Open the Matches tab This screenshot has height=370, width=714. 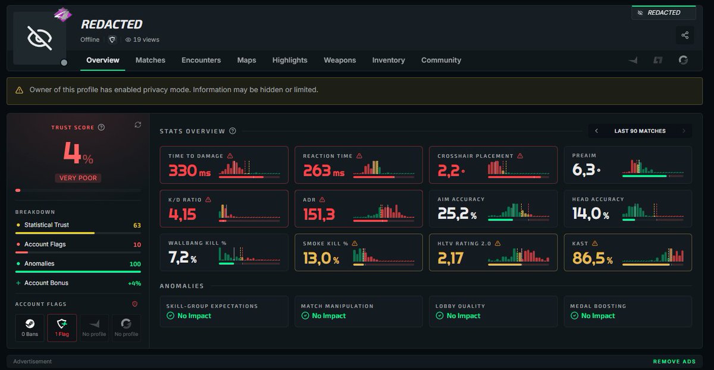(150, 60)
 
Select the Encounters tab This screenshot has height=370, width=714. (201, 60)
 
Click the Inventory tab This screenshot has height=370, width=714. (389, 60)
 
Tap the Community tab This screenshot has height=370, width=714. (441, 60)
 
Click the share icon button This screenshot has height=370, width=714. (685, 35)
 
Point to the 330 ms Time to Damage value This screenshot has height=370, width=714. (189, 171)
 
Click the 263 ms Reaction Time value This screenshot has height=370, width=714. (324, 171)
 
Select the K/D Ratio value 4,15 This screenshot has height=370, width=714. (182, 214)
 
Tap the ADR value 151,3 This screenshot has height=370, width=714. (319, 214)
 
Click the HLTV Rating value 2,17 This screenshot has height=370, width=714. (450, 258)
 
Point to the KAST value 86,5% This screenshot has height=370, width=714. (592, 258)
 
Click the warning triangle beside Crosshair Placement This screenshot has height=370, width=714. (520, 156)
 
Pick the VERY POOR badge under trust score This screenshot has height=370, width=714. (78, 178)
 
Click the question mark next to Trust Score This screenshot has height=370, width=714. (101, 127)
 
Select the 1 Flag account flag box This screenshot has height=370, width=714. (62, 328)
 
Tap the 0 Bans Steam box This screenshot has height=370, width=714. (30, 328)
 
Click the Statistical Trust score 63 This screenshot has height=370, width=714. (137, 225)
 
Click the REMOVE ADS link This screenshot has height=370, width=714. (674, 362)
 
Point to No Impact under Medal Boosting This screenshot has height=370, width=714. (598, 315)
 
